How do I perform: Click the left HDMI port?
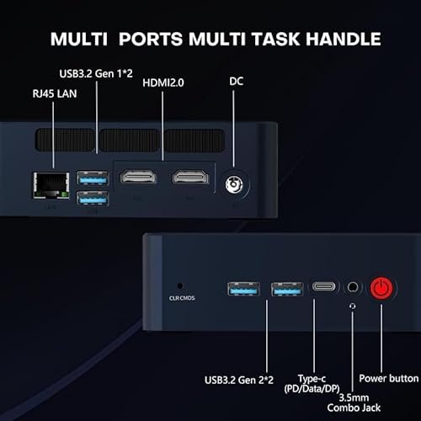pyautogui.click(x=137, y=178)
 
